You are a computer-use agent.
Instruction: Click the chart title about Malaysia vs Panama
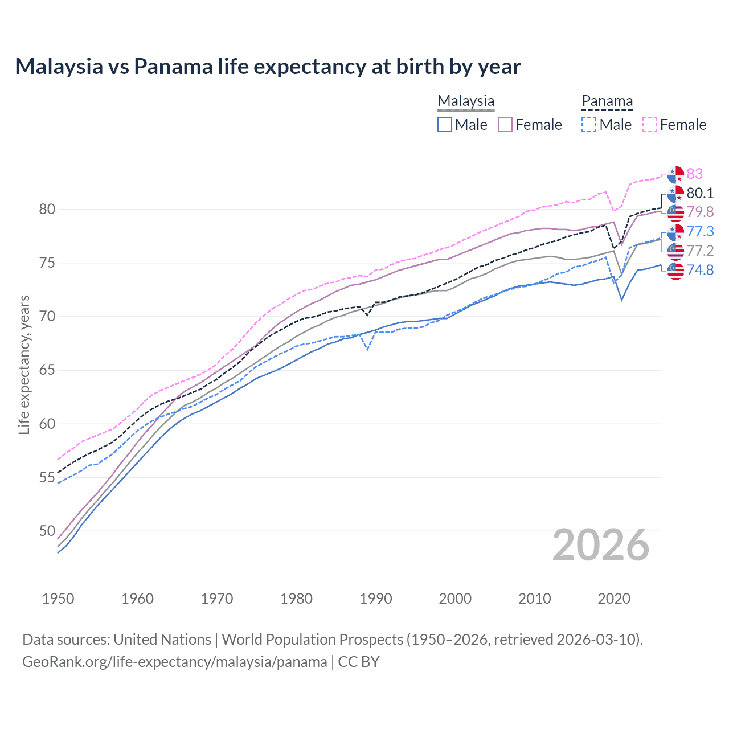pyautogui.click(x=268, y=67)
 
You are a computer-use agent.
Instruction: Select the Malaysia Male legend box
pyautogui.click(x=445, y=125)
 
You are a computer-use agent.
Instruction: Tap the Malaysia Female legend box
pyautogui.click(x=505, y=125)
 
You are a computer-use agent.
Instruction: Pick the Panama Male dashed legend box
pyautogui.click(x=589, y=125)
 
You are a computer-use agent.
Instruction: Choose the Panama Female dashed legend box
pyautogui.click(x=650, y=125)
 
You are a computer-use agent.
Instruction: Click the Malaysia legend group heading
pyautogui.click(x=466, y=101)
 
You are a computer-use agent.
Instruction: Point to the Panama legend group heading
pyautogui.click(x=607, y=101)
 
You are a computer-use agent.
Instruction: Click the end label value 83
pyautogui.click(x=695, y=174)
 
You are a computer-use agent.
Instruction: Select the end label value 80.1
pyautogui.click(x=700, y=193)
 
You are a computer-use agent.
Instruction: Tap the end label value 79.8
pyautogui.click(x=700, y=212)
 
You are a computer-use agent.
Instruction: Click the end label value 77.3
pyautogui.click(x=700, y=231)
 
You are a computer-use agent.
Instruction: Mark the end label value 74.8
pyautogui.click(x=700, y=270)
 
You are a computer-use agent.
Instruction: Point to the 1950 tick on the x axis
pyautogui.click(x=58, y=599)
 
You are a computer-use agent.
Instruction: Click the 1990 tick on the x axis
pyautogui.click(x=376, y=599)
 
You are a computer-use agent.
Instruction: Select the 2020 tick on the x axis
pyautogui.click(x=614, y=599)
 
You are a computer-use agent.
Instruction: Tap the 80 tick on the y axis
pyautogui.click(x=47, y=209)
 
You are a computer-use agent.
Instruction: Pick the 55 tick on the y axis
pyautogui.click(x=47, y=477)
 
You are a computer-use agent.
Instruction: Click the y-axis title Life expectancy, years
pyautogui.click(x=24, y=364)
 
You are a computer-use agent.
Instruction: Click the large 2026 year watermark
pyautogui.click(x=601, y=545)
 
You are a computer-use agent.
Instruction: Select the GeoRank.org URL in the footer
pyautogui.click(x=174, y=662)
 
